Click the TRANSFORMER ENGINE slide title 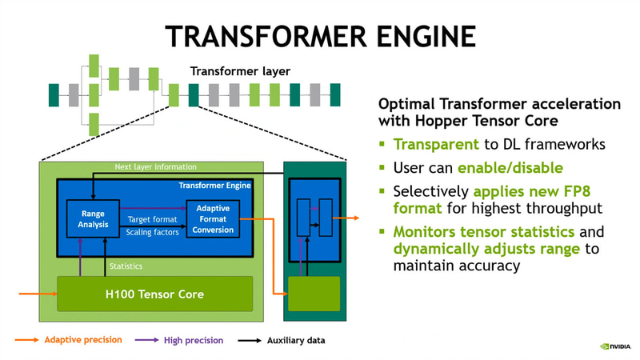click(320, 36)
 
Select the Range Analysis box click(93, 219)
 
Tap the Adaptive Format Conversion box click(213, 219)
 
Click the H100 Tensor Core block click(154, 294)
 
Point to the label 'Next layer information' click(154, 167)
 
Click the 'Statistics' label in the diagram click(126, 266)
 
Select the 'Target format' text click(153, 219)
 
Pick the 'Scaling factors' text click(153, 232)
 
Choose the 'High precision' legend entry click(193, 340)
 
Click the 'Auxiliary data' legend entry click(295, 340)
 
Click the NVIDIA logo click(615, 346)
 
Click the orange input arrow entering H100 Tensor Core click(37, 294)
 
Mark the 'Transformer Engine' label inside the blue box click(214, 186)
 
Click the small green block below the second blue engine click(314, 294)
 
